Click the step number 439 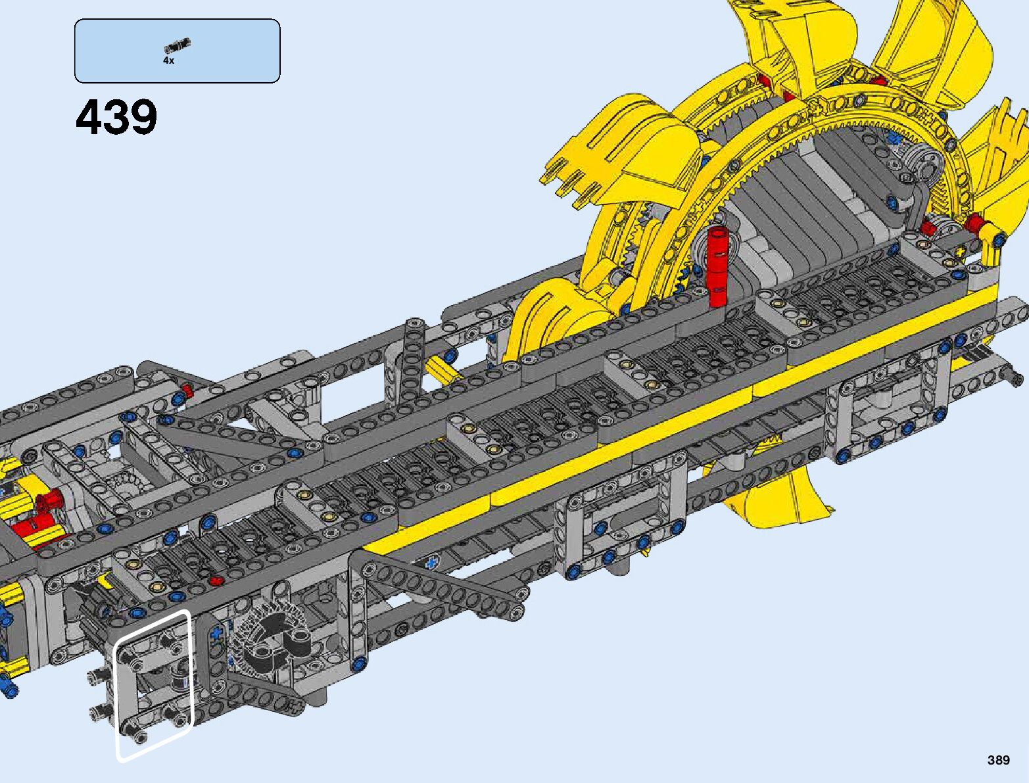[x=116, y=117]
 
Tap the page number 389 [x=999, y=759]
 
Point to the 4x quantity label [x=168, y=60]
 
